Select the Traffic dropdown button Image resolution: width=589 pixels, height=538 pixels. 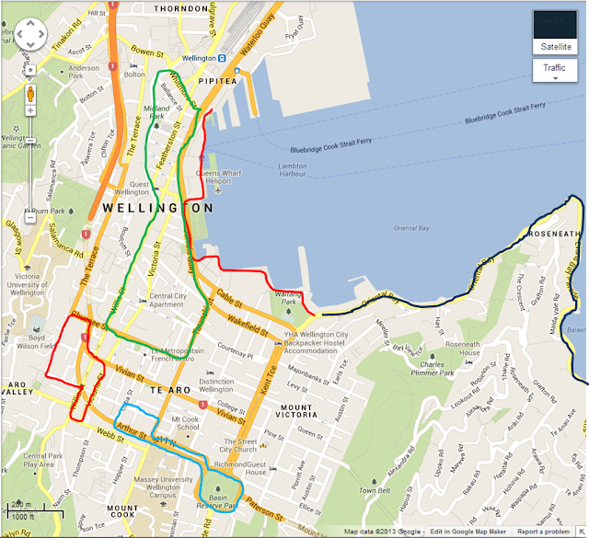click(x=554, y=70)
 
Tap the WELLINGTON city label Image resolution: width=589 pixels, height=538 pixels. click(x=157, y=209)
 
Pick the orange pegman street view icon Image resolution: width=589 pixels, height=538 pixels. click(x=30, y=94)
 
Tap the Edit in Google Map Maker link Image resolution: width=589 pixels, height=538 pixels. click(x=468, y=532)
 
